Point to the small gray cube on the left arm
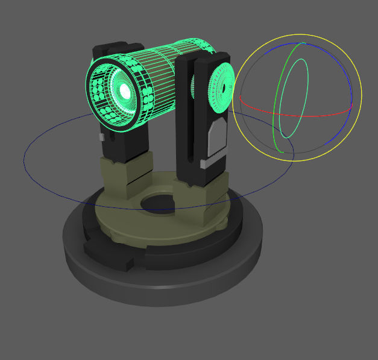[101, 137]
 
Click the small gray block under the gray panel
[206, 162]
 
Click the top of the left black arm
[112, 46]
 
